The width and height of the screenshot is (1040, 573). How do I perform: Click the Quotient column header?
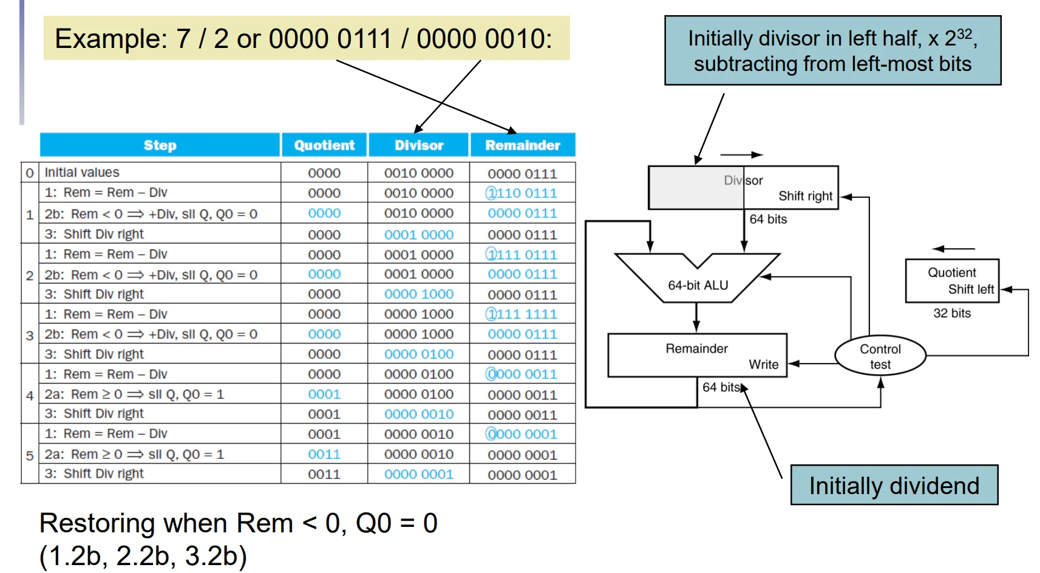[324, 145]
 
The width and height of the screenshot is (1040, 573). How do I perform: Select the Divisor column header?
[419, 145]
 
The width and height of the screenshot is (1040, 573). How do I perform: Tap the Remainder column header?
[523, 145]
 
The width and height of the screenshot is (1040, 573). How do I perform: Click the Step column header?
[160, 145]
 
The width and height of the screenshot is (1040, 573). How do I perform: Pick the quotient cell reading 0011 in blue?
[324, 454]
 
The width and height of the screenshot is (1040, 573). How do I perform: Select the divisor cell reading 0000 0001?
[419, 474]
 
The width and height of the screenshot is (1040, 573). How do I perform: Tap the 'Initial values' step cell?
[82, 172]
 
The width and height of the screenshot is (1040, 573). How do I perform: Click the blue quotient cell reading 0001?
[324, 394]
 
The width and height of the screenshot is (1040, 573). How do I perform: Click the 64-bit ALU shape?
[698, 278]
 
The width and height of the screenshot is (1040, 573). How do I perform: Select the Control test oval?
[880, 356]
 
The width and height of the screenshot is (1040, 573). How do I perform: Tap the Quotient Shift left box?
[952, 281]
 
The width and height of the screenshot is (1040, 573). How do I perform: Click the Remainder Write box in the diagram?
[698, 355]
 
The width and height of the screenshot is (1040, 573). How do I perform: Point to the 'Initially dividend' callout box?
[894, 485]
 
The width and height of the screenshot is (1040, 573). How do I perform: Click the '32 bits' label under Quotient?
[952, 313]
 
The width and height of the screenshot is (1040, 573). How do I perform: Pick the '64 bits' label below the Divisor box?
[769, 219]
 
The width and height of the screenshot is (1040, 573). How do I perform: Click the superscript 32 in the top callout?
[964, 34]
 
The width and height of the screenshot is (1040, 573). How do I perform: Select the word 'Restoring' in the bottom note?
[97, 524]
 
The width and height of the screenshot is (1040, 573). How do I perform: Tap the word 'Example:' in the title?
[111, 39]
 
